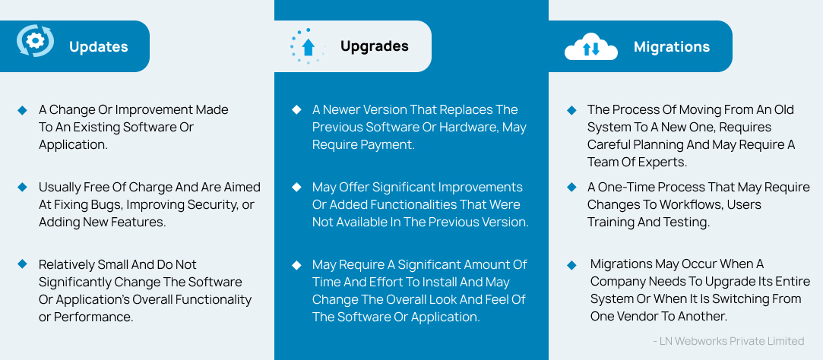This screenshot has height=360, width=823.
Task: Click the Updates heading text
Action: click(x=98, y=47)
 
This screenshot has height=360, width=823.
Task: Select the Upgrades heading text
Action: click(x=374, y=46)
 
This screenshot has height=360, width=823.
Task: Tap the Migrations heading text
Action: click(x=671, y=47)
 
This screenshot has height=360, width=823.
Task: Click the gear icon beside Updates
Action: click(x=36, y=42)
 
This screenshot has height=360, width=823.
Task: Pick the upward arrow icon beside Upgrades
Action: click(x=308, y=46)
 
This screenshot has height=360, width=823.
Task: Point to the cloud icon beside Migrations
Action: click(x=591, y=47)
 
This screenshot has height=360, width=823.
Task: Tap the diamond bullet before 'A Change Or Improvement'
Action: click(x=22, y=110)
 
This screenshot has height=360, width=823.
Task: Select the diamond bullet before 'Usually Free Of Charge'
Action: click(x=22, y=187)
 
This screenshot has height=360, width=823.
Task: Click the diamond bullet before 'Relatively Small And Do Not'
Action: click(x=22, y=264)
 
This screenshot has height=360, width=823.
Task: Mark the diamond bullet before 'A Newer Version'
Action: click(x=296, y=110)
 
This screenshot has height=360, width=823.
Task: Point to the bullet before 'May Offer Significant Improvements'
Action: click(x=296, y=187)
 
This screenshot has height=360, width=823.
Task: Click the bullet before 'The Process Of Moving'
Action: click(x=571, y=110)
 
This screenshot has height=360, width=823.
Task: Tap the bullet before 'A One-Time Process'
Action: click(x=571, y=187)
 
